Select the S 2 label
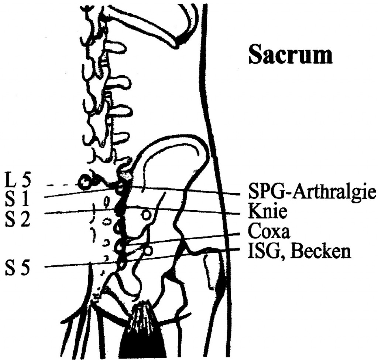[x=18, y=219]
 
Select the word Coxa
[x=269, y=232]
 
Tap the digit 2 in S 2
[x=25, y=219]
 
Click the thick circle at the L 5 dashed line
[x=84, y=181]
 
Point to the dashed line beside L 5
[x=63, y=186]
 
